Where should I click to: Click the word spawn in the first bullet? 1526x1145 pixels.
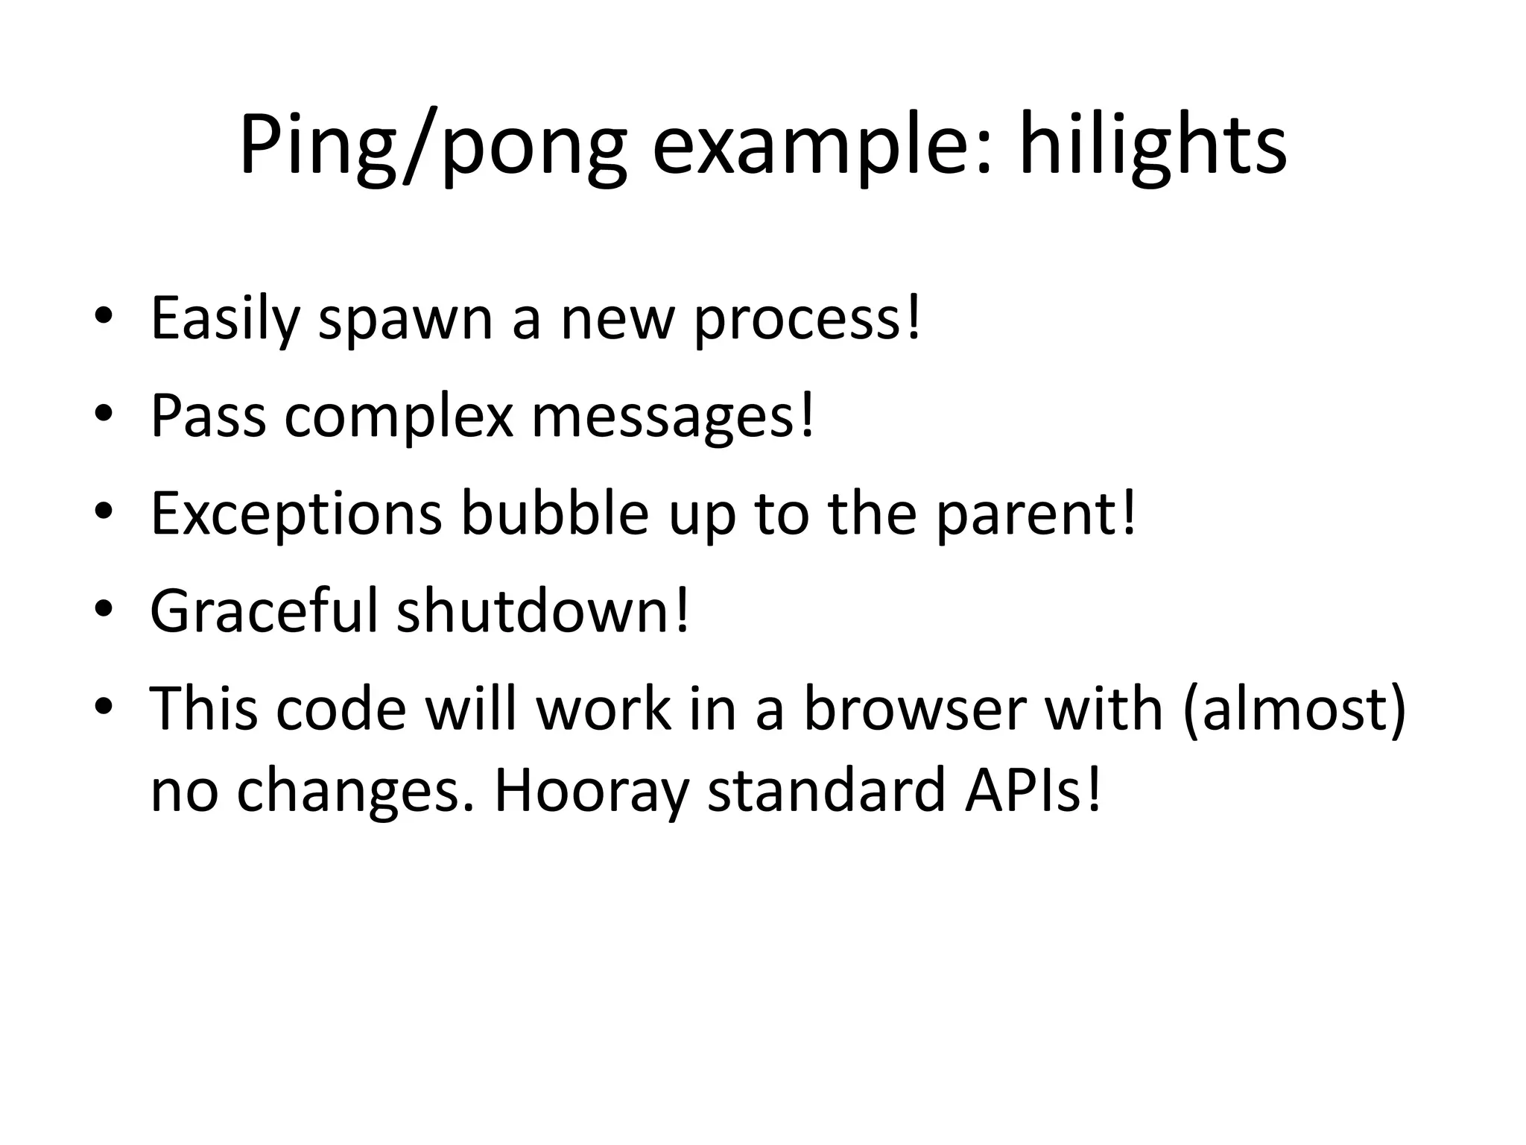coord(405,319)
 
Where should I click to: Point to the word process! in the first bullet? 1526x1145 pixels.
coord(808,319)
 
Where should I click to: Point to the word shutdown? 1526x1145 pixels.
coord(544,611)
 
